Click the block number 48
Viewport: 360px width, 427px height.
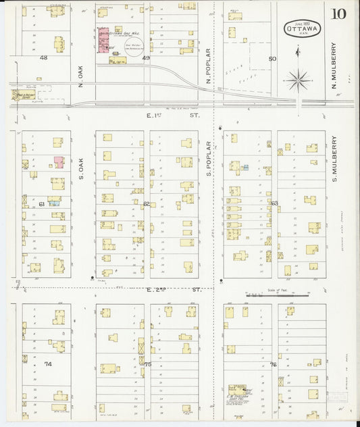pos(43,58)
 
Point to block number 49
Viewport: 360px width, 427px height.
pos(146,59)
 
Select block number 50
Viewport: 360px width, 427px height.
pos(272,59)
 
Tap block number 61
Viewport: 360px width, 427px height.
pos(41,203)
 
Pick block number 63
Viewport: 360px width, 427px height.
pos(274,203)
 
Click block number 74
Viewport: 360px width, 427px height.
pos(47,363)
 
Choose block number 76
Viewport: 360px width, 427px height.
pos(273,364)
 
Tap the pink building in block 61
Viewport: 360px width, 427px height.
pos(59,162)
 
